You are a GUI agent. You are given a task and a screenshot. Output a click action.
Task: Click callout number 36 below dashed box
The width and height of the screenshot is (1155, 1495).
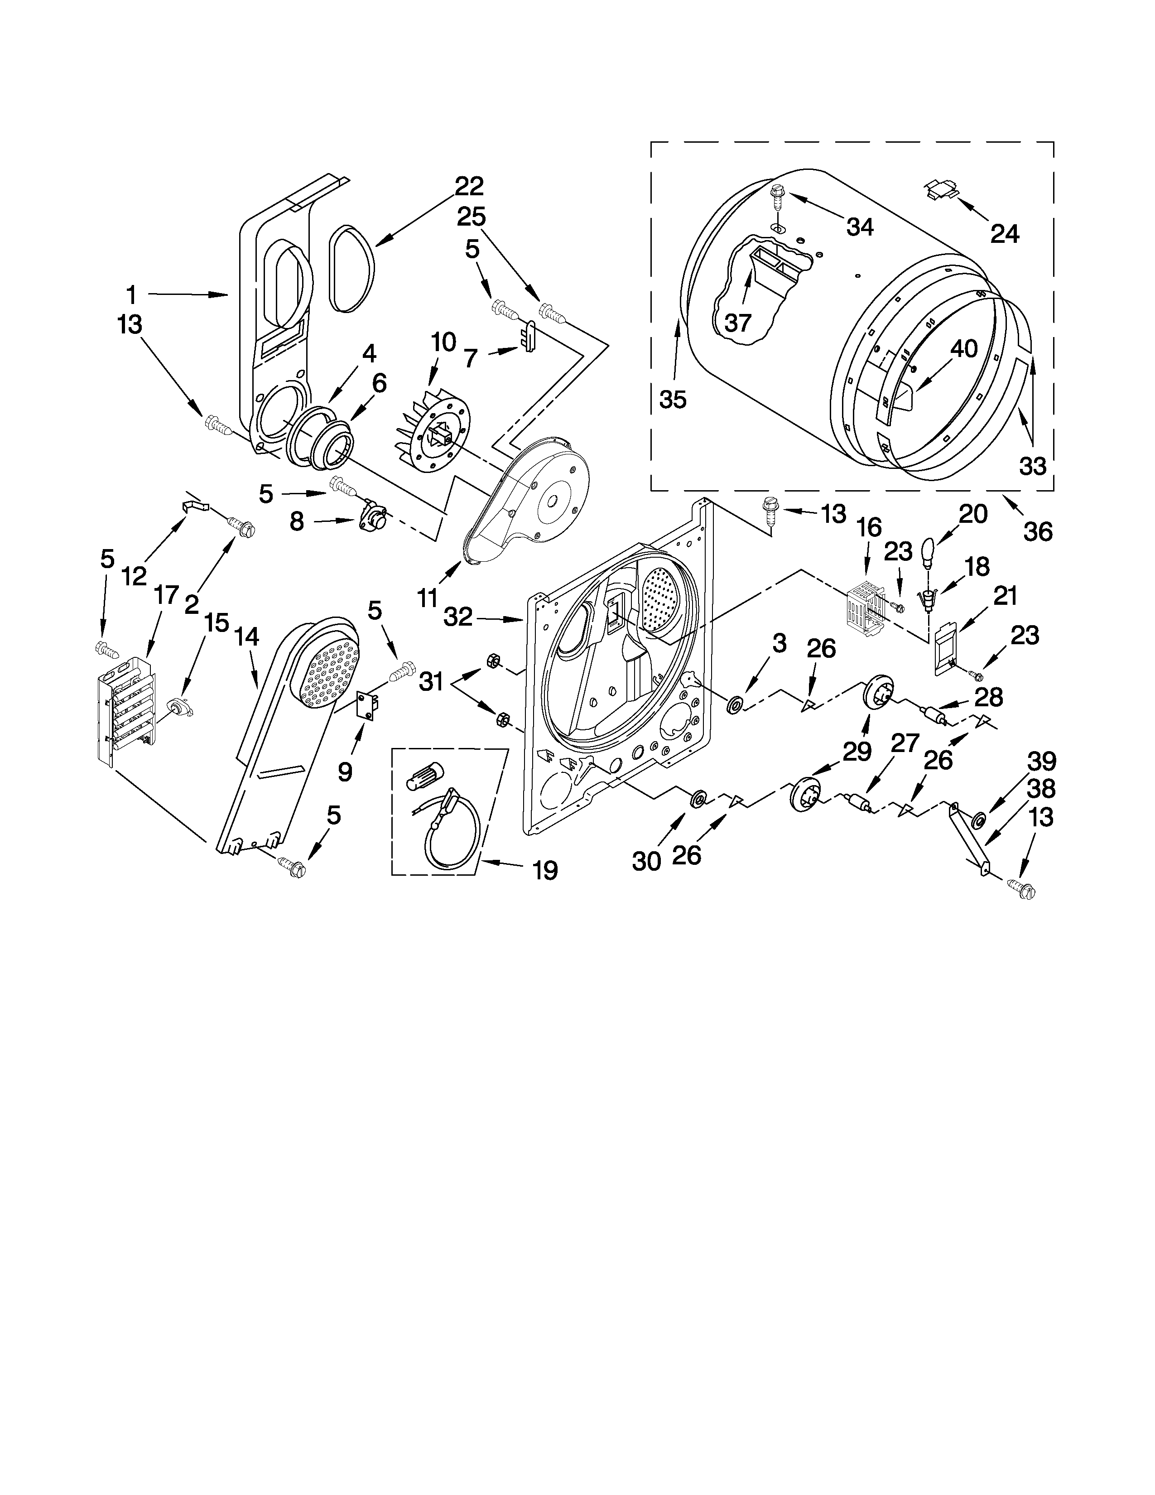click(x=1037, y=531)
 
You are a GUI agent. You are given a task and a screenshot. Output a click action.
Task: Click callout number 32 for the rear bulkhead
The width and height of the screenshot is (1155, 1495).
click(x=458, y=617)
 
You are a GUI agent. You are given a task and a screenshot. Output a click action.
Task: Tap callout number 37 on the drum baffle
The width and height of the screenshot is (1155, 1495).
click(x=737, y=322)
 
